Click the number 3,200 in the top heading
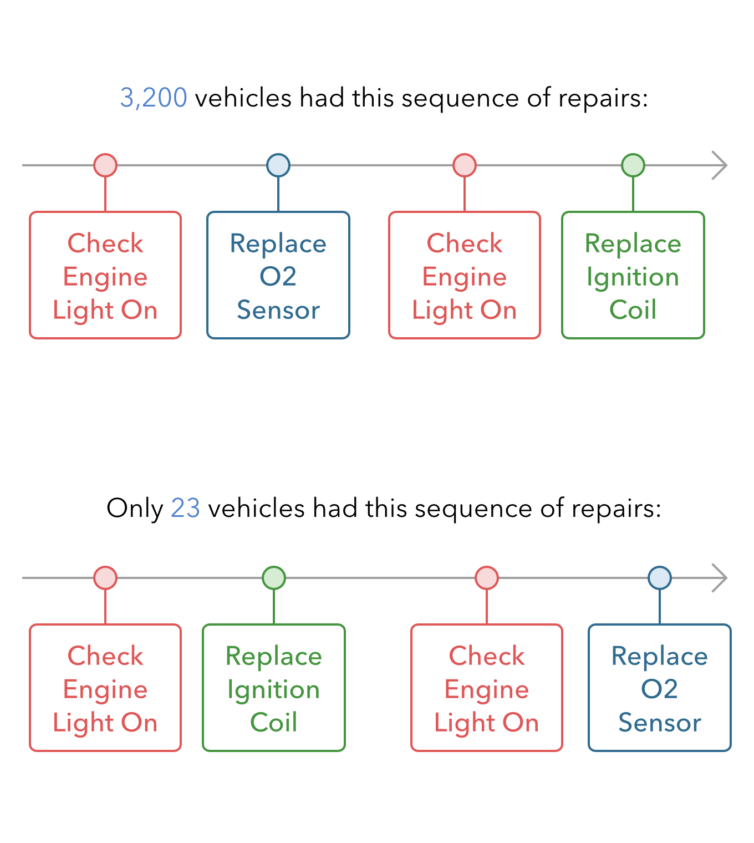coord(154,98)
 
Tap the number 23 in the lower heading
coord(186,509)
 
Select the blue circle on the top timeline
coord(278,165)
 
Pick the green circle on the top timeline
coord(633,165)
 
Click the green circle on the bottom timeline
coord(274,578)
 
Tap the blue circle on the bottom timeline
coord(660,578)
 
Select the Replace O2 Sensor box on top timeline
coord(278,275)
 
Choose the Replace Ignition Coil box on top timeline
coord(633,275)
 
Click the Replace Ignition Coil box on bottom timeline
coord(274,688)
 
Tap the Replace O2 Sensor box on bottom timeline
coord(660,688)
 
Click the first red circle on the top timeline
coord(105,165)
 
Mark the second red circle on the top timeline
coord(465,165)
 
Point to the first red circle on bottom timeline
coord(105,578)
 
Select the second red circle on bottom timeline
coord(487,578)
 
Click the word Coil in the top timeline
coord(633,309)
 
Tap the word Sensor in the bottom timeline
coord(660,723)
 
